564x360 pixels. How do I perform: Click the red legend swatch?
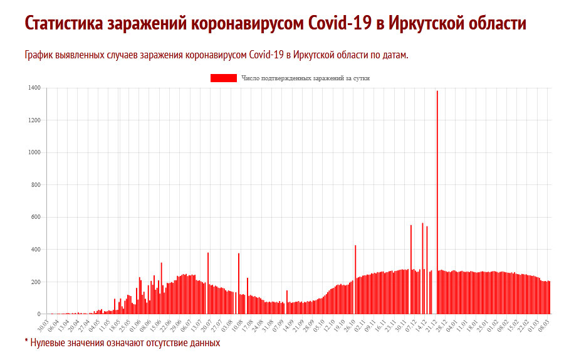pos(223,78)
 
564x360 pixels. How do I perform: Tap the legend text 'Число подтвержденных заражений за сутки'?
pos(305,78)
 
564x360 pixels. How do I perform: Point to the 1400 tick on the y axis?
pos(34,88)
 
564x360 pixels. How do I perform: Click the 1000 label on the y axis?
pos(34,152)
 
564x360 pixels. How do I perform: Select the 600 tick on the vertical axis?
pos(35,217)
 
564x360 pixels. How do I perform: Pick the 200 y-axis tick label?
pos(35,282)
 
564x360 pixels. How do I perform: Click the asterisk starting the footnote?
pos(27,342)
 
